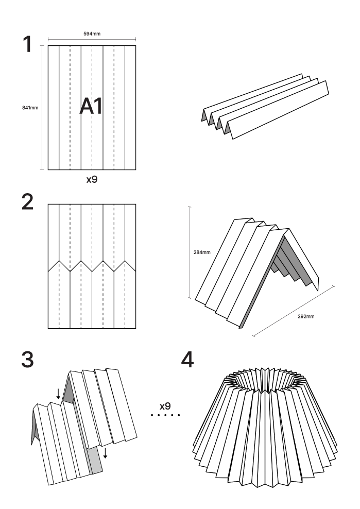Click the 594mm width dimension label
[92, 33]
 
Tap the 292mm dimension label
[306, 315]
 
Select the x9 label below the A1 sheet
[91, 180]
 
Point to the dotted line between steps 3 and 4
[165, 415]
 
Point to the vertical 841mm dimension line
[41, 108]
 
